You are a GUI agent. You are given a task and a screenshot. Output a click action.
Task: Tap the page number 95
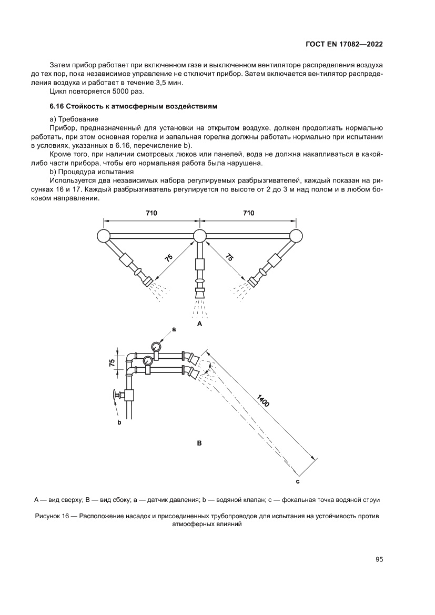379,560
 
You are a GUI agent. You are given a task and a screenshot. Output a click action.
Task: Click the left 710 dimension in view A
151,213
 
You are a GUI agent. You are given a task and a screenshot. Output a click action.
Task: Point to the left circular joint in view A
103,236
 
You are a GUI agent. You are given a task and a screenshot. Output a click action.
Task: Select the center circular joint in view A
199,236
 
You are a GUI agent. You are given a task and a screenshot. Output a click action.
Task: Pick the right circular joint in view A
296,236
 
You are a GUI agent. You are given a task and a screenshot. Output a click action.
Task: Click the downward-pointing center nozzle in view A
199,292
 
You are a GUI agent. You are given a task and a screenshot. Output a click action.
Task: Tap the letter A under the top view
199,325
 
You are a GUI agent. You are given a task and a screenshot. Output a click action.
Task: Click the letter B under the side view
199,443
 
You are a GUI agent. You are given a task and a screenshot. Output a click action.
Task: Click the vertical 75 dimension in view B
112,362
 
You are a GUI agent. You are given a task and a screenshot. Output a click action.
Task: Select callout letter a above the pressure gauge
174,328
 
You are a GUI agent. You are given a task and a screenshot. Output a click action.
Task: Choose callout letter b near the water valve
119,422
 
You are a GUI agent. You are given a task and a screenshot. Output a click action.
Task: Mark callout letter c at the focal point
298,481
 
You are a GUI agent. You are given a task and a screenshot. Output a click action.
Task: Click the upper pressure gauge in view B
155,346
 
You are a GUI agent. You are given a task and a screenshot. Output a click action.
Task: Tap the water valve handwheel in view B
114,395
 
